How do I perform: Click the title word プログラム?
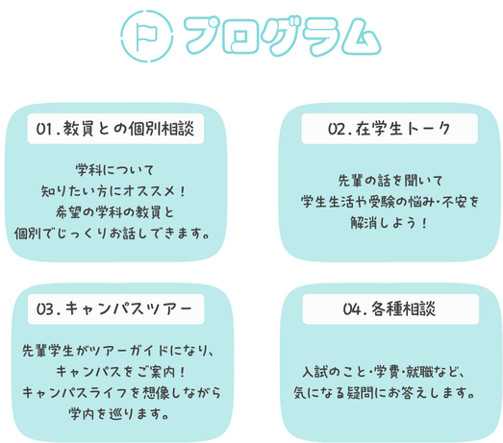point(283,36)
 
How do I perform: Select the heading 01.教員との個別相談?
point(115,129)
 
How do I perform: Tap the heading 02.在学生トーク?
point(389,129)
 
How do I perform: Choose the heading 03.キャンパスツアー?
point(114,308)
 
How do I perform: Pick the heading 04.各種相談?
point(390,309)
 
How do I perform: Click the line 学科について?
point(114,170)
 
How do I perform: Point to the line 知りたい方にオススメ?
point(113,191)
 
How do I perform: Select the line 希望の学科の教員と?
point(114,212)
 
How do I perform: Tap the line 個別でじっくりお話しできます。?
point(112,234)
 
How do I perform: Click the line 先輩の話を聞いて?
point(390,181)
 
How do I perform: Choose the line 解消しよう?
point(389,223)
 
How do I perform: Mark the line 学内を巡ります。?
point(118,414)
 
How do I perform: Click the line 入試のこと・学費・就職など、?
point(384,372)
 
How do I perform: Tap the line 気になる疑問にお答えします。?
point(384,393)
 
